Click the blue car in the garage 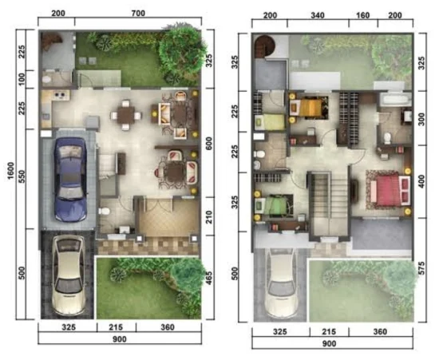[70, 179]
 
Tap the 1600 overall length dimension [11, 171]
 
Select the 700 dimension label [138, 13]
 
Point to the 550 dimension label [22, 176]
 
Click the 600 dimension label [209, 143]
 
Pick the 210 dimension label [209, 217]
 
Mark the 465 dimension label [209, 278]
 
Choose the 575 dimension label [421, 268]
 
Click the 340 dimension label [318, 15]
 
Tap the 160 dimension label [363, 15]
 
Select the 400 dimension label [421, 181]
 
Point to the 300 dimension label [421, 119]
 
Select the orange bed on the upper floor [310, 108]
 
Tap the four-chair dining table [125, 115]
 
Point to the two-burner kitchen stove [61, 94]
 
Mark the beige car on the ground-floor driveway [68, 275]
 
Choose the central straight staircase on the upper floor [328, 204]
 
